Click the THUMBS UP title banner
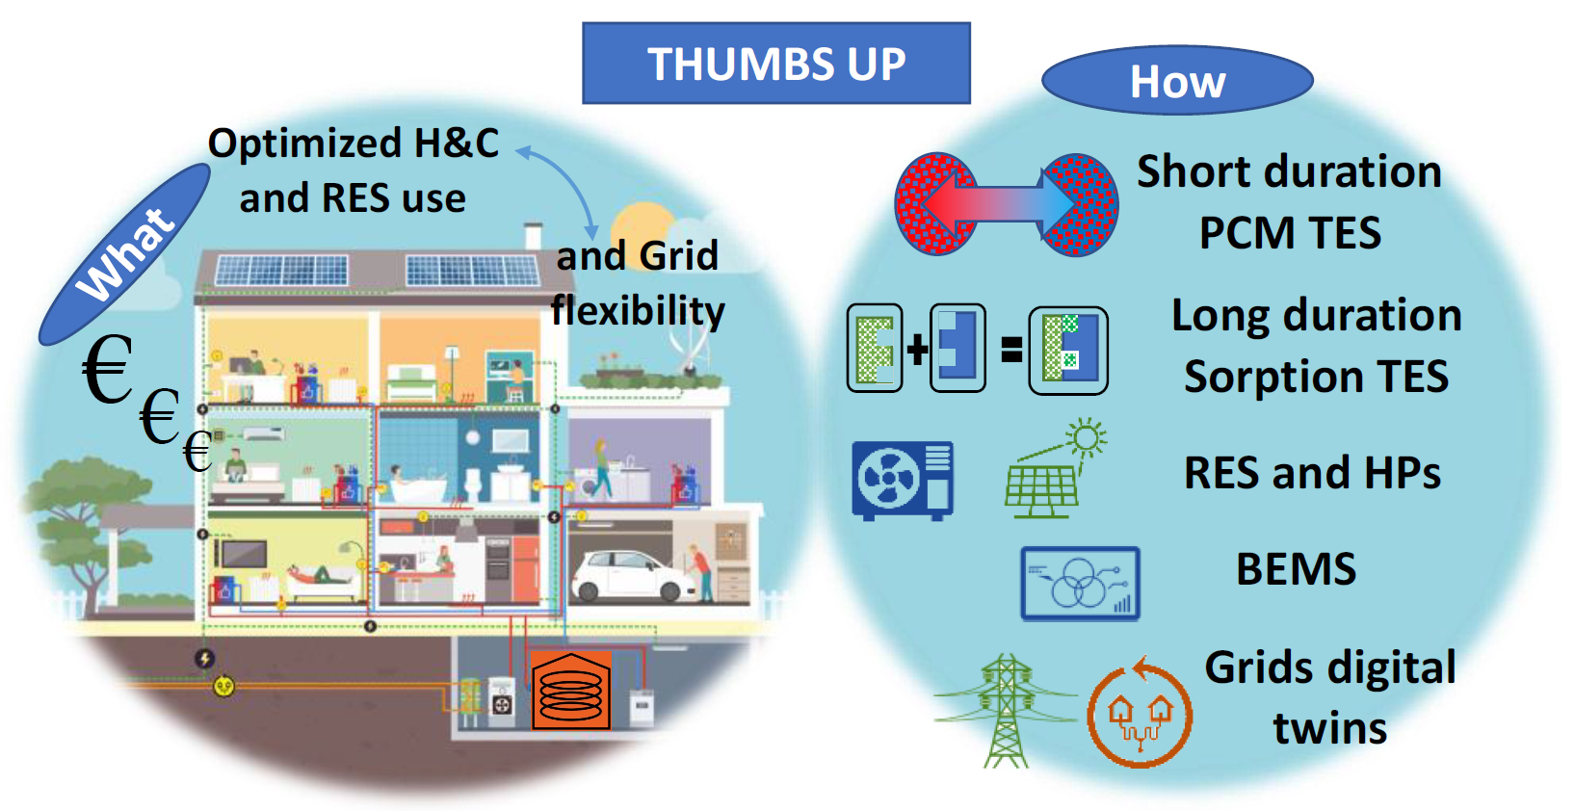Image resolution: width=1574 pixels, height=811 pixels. (x=776, y=64)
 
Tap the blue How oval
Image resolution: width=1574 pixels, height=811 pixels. (x=1178, y=80)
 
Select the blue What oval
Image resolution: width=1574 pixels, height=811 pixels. (x=125, y=254)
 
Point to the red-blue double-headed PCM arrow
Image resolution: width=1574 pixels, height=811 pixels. (x=998, y=204)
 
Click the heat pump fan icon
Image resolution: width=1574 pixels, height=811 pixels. (x=903, y=481)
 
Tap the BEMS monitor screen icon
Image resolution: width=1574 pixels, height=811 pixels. (x=1080, y=584)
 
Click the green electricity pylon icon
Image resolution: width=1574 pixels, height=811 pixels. (x=1007, y=711)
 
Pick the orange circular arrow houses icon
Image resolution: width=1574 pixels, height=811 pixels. (x=1139, y=713)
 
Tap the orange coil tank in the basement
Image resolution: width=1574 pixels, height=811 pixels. (x=570, y=691)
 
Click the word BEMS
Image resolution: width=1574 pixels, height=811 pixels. (x=1296, y=568)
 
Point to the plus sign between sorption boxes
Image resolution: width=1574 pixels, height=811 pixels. (x=917, y=350)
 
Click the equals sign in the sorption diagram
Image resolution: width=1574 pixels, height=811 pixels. (x=1011, y=350)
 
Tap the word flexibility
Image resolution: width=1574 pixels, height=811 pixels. (x=638, y=310)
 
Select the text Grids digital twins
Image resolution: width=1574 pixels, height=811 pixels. (x=1330, y=697)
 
